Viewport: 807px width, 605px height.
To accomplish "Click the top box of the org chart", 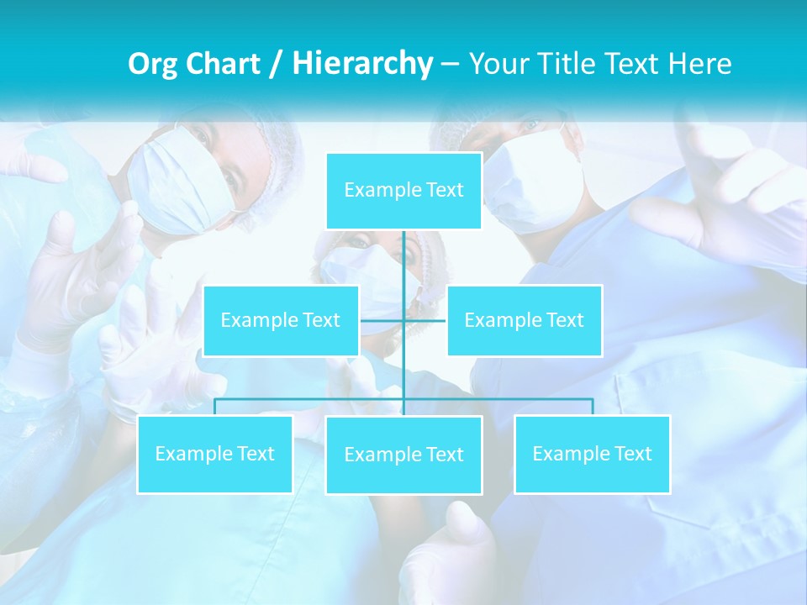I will [403, 191].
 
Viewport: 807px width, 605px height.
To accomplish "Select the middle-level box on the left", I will [281, 320].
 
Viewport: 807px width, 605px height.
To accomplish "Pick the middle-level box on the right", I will [524, 320].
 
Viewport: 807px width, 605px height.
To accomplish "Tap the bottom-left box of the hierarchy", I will [214, 454].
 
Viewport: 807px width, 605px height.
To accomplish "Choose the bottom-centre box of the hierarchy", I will [403, 455].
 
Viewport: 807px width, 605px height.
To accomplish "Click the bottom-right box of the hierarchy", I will [592, 454].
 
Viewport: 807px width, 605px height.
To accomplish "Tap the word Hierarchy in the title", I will [361, 64].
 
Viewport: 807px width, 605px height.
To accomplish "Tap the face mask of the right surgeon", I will [538, 181].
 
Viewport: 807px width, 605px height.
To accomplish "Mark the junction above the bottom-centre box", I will [403, 399].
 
